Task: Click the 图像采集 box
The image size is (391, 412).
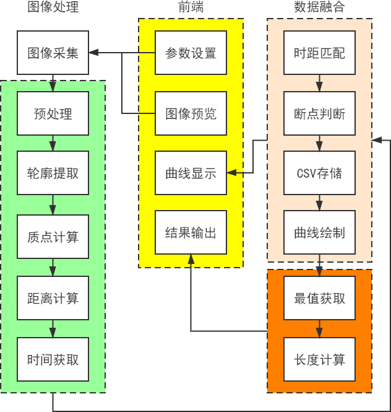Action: pyautogui.click(x=53, y=53)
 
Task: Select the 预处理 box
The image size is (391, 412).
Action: pyautogui.click(x=53, y=114)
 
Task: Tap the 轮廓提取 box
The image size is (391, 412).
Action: pyautogui.click(x=53, y=173)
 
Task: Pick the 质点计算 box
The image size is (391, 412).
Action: pyautogui.click(x=53, y=237)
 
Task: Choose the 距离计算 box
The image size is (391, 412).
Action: pyautogui.click(x=53, y=298)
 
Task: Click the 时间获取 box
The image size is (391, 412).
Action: pyautogui.click(x=53, y=359)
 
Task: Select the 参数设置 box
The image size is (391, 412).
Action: pyautogui.click(x=191, y=53)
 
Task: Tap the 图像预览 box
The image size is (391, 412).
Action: pyautogui.click(x=191, y=114)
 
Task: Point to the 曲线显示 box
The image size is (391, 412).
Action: pyautogui.click(x=191, y=173)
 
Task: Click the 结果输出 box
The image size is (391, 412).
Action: pyautogui.click(x=191, y=233)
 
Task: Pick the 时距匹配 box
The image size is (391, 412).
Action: pyautogui.click(x=319, y=53)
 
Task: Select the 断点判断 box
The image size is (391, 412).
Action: pyautogui.click(x=319, y=114)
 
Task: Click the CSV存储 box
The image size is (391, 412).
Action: pyautogui.click(x=319, y=173)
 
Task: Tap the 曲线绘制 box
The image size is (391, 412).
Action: pyautogui.click(x=319, y=233)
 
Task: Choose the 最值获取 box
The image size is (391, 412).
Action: pyautogui.click(x=319, y=298)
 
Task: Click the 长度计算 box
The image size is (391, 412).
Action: pyautogui.click(x=319, y=359)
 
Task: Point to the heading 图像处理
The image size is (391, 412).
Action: pyautogui.click(x=53, y=7)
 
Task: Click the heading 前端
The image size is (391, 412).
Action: pyautogui.click(x=191, y=7)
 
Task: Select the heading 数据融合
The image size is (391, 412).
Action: pyautogui.click(x=319, y=7)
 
